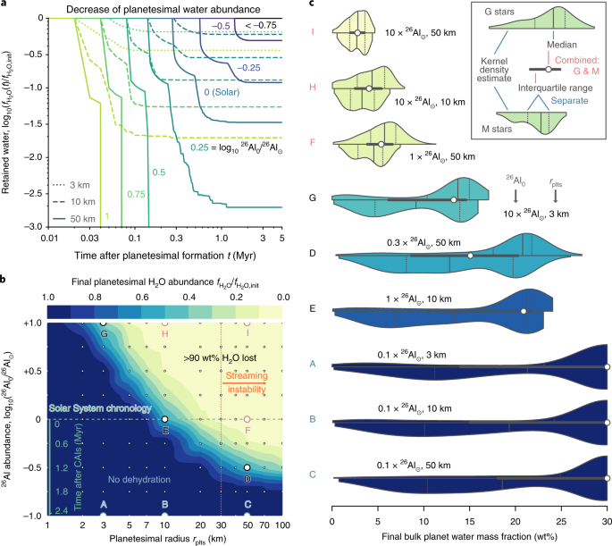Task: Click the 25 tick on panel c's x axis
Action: pos(560,520)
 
